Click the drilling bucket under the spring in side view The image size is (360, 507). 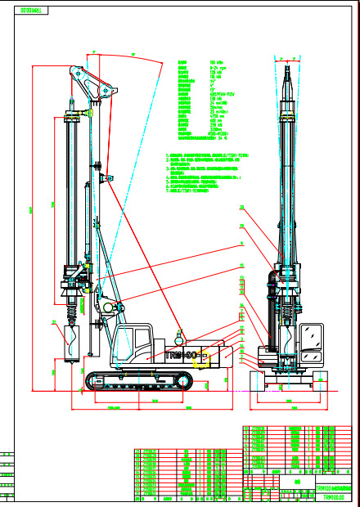click(68, 342)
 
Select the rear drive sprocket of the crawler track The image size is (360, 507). click(184, 379)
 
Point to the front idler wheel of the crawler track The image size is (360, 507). click(92, 379)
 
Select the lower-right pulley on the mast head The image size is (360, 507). click(103, 92)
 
